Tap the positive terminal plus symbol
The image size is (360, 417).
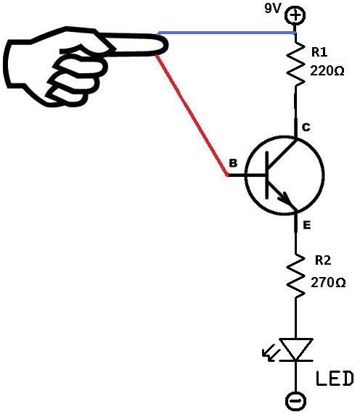(x=295, y=15)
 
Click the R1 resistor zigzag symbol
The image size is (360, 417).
(x=295, y=64)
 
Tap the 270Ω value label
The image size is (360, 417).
(x=329, y=282)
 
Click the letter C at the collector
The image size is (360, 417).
(x=306, y=128)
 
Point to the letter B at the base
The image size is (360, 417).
(x=232, y=164)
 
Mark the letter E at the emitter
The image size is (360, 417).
(x=307, y=226)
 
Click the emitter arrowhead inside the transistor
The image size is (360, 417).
(x=285, y=199)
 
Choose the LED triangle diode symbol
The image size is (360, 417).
(x=295, y=349)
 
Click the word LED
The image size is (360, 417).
(x=335, y=378)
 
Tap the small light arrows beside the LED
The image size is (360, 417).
(x=268, y=355)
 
